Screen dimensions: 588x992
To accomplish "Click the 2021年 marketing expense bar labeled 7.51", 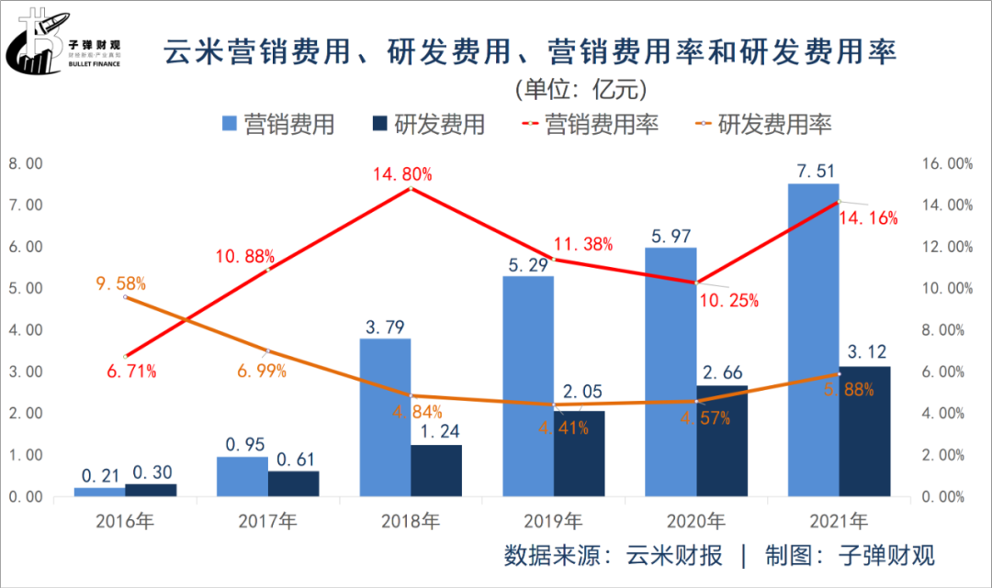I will pos(813,339).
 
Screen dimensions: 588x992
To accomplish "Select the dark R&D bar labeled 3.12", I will pos(864,431).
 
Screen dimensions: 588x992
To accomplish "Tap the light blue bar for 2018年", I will pos(385,417).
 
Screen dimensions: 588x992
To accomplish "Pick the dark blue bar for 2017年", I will pos(294,483).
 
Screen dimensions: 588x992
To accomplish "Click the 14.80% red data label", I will pos(402,173).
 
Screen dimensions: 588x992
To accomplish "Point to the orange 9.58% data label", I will pos(121,283).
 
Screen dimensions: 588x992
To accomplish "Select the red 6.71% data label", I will pos(131,372).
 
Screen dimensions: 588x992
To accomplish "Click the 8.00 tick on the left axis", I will pos(27,163).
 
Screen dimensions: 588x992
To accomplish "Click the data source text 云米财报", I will pos(674,555).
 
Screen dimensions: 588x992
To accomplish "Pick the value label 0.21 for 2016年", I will pos(99,475).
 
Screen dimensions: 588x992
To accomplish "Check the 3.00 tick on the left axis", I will pos(27,372).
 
